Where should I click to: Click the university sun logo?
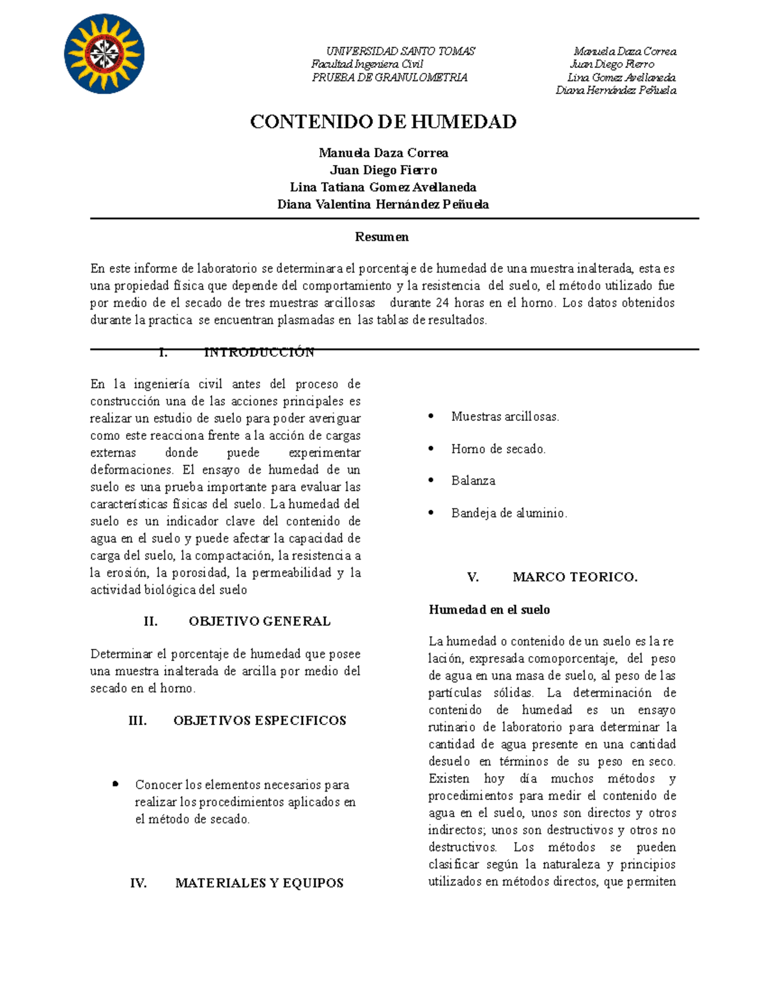(104, 54)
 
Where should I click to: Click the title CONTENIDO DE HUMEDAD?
(383, 121)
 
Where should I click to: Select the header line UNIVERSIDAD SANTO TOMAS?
(401, 51)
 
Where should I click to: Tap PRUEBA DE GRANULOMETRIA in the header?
(390, 77)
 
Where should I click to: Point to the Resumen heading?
(382, 237)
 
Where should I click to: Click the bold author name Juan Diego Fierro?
(383, 170)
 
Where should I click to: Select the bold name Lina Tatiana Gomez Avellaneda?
(383, 187)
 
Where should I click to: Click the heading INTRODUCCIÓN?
(259, 352)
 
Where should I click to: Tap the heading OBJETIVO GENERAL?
(260, 621)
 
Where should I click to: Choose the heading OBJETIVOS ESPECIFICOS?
(260, 721)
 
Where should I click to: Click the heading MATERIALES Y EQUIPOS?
(259, 883)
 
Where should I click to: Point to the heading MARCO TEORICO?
(575, 577)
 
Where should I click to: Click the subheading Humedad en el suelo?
(489, 609)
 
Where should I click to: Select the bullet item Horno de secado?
(498, 449)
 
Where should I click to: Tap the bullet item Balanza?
(473, 480)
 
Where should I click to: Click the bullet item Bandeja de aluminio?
(509, 513)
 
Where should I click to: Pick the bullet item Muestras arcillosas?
(505, 416)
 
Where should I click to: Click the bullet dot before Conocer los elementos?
(115, 783)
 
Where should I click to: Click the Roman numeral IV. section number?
(138, 883)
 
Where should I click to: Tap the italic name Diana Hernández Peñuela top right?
(616, 90)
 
